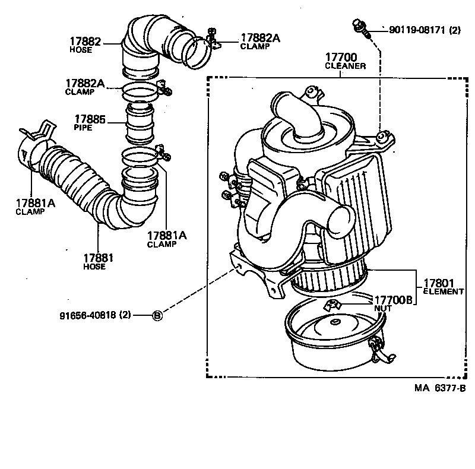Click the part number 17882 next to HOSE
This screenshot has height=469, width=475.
click(x=85, y=42)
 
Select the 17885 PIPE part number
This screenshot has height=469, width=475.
click(x=90, y=119)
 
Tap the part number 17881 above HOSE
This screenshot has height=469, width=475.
click(x=98, y=258)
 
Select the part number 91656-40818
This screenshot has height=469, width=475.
click(x=87, y=315)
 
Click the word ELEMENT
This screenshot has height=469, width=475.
click(x=443, y=291)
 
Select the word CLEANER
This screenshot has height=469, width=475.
click(x=344, y=66)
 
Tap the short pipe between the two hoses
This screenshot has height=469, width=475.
click(x=140, y=123)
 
